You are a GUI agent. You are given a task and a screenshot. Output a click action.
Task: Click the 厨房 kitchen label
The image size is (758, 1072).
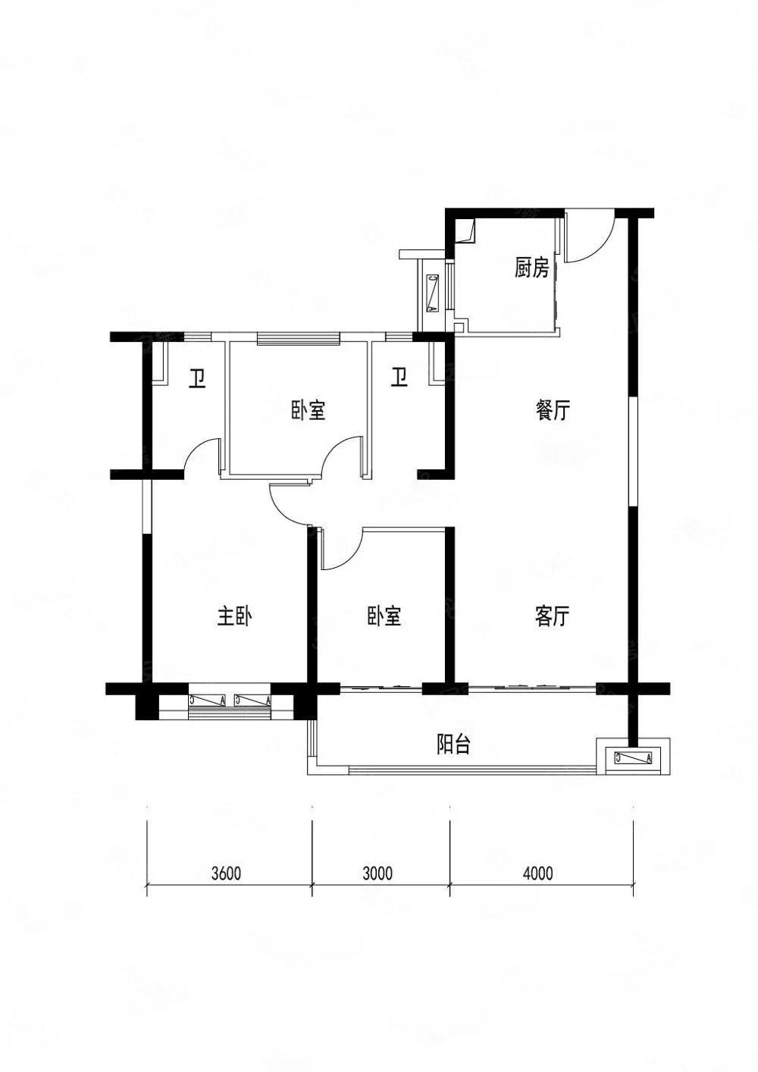(531, 268)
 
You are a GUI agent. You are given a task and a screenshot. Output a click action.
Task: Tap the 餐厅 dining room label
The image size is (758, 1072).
(553, 411)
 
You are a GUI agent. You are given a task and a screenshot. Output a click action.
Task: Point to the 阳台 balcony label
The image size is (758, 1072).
(454, 745)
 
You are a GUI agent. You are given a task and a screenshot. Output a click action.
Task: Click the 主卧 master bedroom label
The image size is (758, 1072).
(234, 617)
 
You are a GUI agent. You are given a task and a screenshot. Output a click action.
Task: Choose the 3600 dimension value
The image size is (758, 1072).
(226, 873)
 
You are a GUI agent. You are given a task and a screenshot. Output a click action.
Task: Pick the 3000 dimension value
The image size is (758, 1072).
(377, 873)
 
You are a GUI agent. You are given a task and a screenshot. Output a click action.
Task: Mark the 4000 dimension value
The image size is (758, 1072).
(538, 873)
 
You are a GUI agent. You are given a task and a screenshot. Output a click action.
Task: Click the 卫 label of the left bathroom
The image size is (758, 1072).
(199, 378)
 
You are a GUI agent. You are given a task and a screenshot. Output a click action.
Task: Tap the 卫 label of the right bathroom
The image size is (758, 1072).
(399, 377)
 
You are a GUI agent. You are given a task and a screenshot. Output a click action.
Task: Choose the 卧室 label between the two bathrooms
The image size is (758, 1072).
(307, 411)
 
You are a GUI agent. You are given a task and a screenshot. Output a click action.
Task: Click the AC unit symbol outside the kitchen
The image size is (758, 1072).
(433, 294)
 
